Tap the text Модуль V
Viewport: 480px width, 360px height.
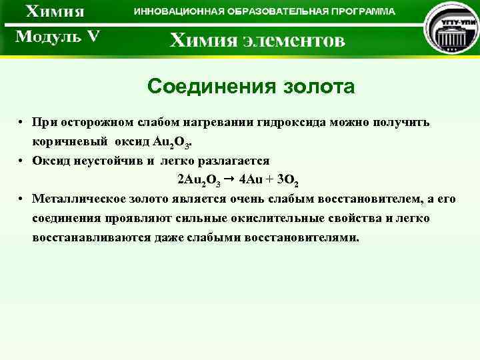click(x=57, y=36)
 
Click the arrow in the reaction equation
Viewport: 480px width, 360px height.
click(x=229, y=179)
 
